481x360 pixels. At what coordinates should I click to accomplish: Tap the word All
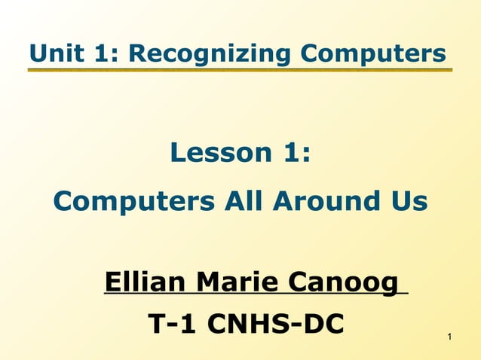tap(245, 201)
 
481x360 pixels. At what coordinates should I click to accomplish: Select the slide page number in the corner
tap(449, 335)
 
